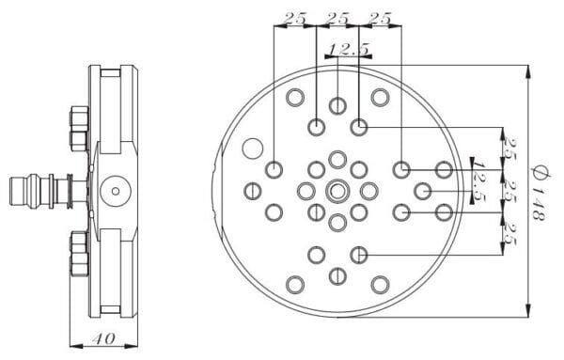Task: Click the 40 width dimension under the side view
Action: point(103,338)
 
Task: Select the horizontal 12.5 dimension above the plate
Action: point(349,49)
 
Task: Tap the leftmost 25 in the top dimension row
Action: point(295,19)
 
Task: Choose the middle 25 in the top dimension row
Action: point(338,19)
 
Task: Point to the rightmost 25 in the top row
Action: point(380,19)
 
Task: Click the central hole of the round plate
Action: point(337,191)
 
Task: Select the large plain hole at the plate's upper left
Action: point(253,149)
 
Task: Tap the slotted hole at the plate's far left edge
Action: point(253,191)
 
